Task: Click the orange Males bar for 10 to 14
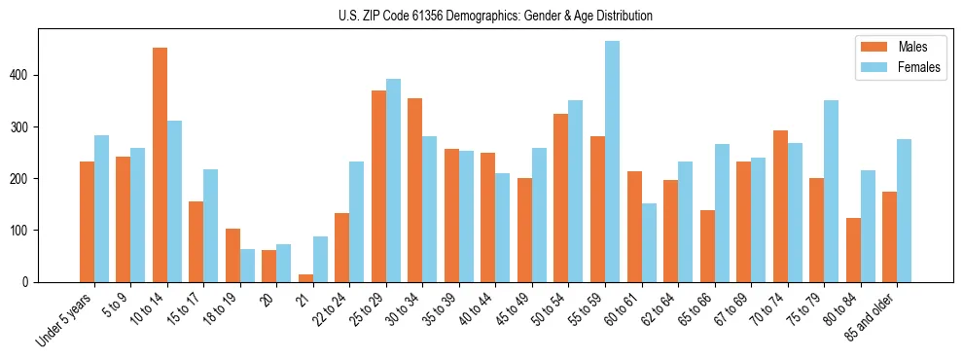coord(160,165)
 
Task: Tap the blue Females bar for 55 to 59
coord(612,162)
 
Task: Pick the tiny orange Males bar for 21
coord(305,278)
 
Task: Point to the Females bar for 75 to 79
coord(831,191)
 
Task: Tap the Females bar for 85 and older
coord(904,210)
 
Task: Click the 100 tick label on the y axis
coord(23,231)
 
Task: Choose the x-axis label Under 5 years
coord(67,318)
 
